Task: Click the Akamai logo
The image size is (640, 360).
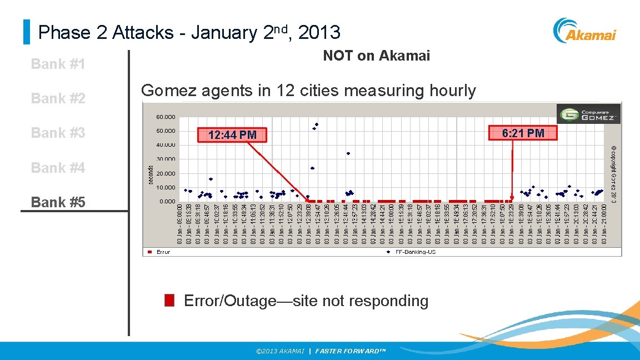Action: pos(585,31)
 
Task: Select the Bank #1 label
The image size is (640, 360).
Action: pos(58,64)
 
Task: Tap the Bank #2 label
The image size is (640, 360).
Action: pos(58,98)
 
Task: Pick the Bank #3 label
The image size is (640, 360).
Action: pos(58,133)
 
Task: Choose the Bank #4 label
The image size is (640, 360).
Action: pos(58,167)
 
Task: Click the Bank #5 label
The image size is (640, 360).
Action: pos(58,202)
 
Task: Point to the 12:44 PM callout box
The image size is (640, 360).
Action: pos(232,135)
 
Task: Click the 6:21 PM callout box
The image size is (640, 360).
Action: pos(522,133)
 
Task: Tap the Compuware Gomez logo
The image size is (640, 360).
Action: pos(588,114)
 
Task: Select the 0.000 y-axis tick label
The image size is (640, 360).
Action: pos(168,201)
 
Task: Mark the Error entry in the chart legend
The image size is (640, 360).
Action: pos(159,252)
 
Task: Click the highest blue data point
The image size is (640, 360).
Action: pos(317,124)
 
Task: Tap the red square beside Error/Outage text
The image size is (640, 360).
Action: pos(170,301)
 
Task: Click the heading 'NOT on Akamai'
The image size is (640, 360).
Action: pos(376,56)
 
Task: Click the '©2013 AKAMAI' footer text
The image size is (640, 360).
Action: pos(280,351)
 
